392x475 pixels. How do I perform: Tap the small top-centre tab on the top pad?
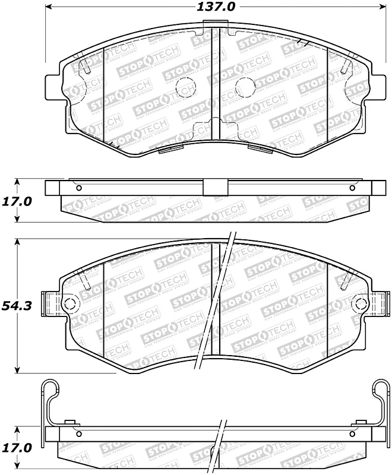tap(211, 25)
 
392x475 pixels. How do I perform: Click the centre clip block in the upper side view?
tap(211, 187)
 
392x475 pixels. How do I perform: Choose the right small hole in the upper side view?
tap(352, 189)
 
